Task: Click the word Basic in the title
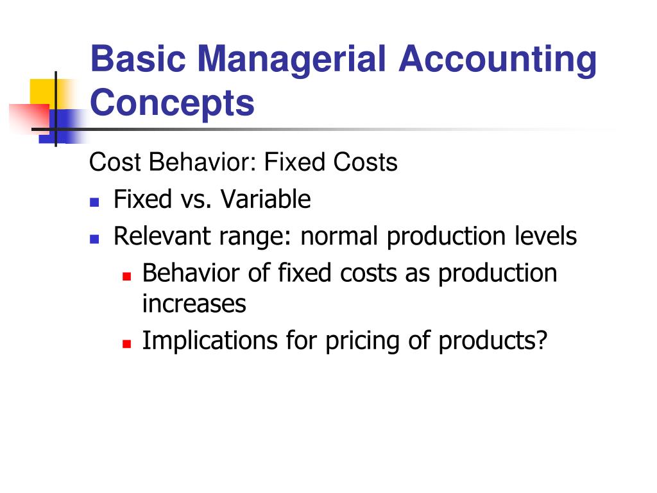click(x=139, y=58)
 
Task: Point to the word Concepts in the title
click(x=172, y=103)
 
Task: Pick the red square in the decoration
click(x=30, y=119)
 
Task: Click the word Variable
click(x=266, y=199)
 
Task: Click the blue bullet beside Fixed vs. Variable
click(x=94, y=202)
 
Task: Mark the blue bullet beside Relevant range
click(x=94, y=239)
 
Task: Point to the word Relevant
click(x=162, y=236)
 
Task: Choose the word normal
click(x=339, y=236)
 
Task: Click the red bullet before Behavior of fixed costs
click(x=127, y=276)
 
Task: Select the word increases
click(x=194, y=304)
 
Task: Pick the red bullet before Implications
click(x=127, y=344)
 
